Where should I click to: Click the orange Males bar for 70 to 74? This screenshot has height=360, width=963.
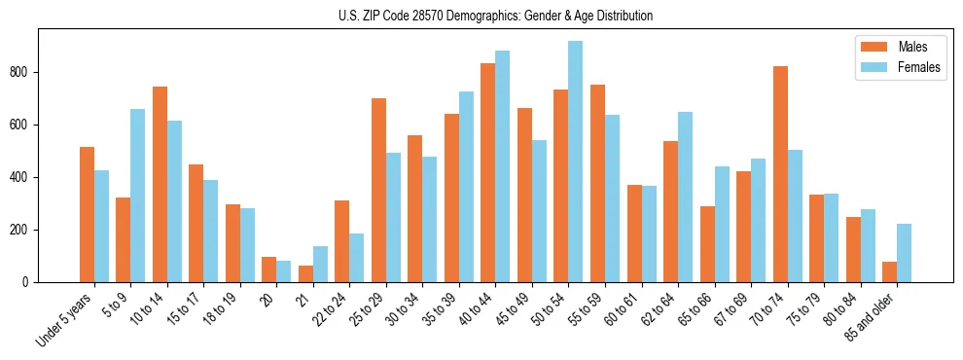(x=780, y=174)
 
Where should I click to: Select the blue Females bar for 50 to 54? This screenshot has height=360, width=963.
(x=576, y=162)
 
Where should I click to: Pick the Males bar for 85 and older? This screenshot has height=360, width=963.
(x=889, y=271)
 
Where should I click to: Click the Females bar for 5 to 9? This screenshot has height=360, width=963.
(x=137, y=196)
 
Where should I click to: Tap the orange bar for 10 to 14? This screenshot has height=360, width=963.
(x=160, y=185)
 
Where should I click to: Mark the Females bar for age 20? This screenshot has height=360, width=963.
(x=283, y=271)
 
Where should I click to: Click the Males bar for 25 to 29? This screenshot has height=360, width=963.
(x=378, y=191)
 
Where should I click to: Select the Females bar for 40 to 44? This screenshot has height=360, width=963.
(x=503, y=166)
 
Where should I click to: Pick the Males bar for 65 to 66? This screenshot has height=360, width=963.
(x=707, y=244)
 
